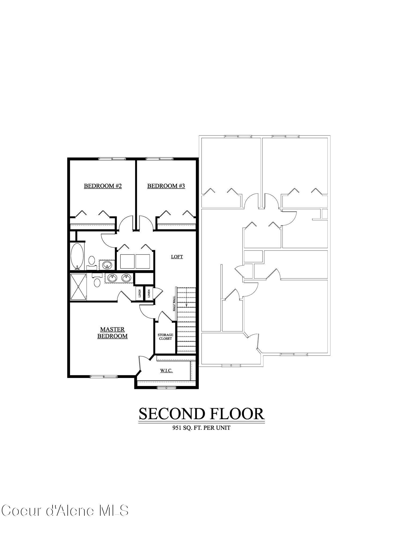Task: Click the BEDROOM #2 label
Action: click(x=103, y=186)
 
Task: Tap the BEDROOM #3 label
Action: click(x=166, y=186)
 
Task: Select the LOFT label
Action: click(x=177, y=257)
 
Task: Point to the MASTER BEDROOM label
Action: click(x=112, y=333)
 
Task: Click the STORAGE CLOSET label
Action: click(x=165, y=337)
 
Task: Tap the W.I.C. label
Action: click(x=166, y=371)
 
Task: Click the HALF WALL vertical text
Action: click(x=174, y=303)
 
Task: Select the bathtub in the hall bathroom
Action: click(x=77, y=256)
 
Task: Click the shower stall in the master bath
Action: click(x=78, y=287)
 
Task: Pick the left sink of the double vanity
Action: click(x=112, y=278)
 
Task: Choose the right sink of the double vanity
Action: click(x=126, y=278)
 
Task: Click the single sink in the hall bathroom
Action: click(x=107, y=265)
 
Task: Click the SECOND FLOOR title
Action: click(x=202, y=414)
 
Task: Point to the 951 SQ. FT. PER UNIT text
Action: click(x=201, y=428)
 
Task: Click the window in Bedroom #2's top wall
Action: click(x=112, y=159)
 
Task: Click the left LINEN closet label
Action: click(x=140, y=294)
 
